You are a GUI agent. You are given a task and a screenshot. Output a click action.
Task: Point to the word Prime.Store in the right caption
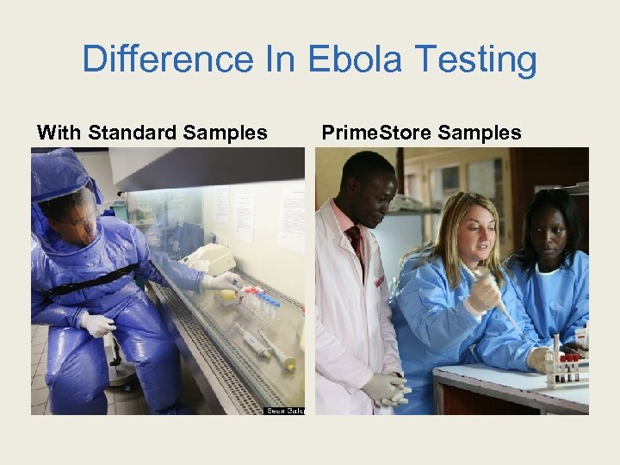click(x=375, y=133)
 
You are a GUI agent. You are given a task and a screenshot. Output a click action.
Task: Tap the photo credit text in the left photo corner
click(x=283, y=410)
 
